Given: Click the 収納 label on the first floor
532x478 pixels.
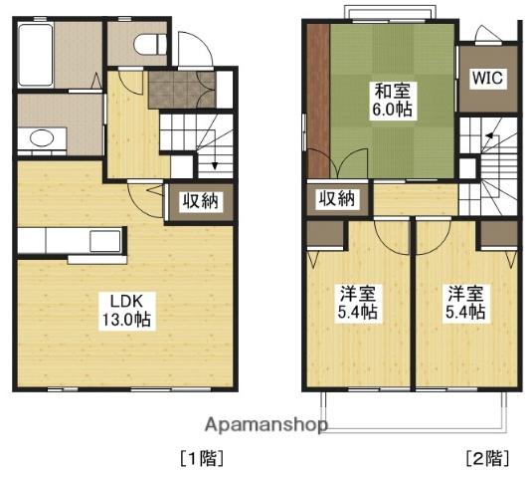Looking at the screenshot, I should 201,202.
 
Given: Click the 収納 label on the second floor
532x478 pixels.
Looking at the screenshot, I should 336,198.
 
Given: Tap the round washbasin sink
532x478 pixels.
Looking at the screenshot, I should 42,138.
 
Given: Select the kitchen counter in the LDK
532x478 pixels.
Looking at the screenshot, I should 70,242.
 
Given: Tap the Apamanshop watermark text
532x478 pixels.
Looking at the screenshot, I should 266,426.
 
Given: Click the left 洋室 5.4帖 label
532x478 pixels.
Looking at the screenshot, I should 357,303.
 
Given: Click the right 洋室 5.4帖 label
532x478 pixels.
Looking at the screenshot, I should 464,303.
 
